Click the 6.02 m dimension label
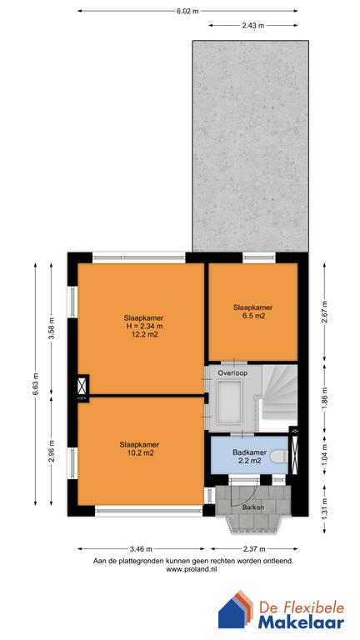click(x=187, y=12)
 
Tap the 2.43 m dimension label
click(x=253, y=26)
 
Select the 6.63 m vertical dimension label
click(x=36, y=384)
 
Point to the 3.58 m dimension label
click(x=52, y=328)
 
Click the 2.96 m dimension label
click(x=52, y=451)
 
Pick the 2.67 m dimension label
click(x=324, y=312)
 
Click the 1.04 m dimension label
click(x=324, y=454)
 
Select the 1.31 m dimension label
click(x=324, y=509)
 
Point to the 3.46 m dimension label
click(x=141, y=548)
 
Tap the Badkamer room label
click(x=249, y=452)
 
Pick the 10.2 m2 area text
click(x=140, y=452)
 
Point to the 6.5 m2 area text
click(x=252, y=316)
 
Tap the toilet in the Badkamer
click(x=280, y=456)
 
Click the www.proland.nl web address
click(x=191, y=570)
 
